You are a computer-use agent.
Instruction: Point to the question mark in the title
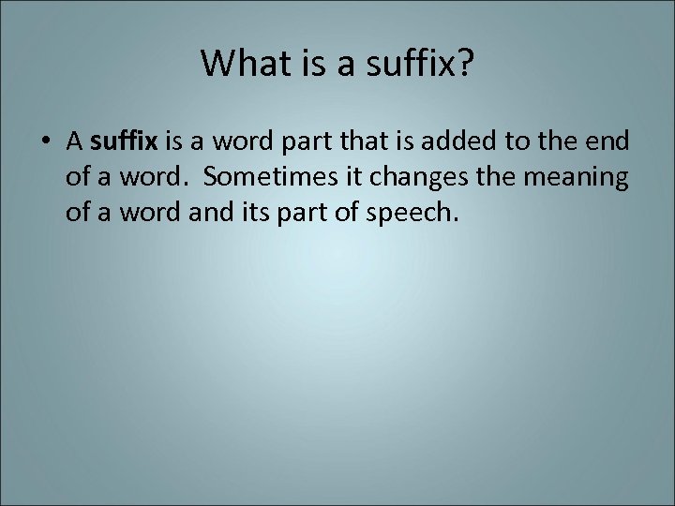(x=465, y=63)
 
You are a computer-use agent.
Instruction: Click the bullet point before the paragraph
(x=47, y=142)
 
